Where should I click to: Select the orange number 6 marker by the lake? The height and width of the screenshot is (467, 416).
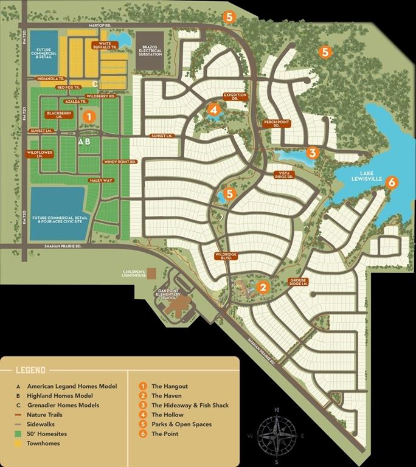(x=392, y=181)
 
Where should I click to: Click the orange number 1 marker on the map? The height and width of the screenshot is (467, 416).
(x=88, y=116)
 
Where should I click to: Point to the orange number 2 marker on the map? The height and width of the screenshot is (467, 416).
(x=263, y=286)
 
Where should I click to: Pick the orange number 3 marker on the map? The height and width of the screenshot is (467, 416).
(x=312, y=153)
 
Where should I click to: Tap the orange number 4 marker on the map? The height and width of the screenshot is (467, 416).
(x=213, y=109)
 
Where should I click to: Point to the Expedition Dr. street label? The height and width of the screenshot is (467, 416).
(x=235, y=97)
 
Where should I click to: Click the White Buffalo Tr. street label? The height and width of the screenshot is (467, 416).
(x=103, y=45)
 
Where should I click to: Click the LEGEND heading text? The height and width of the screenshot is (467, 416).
(x=30, y=370)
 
